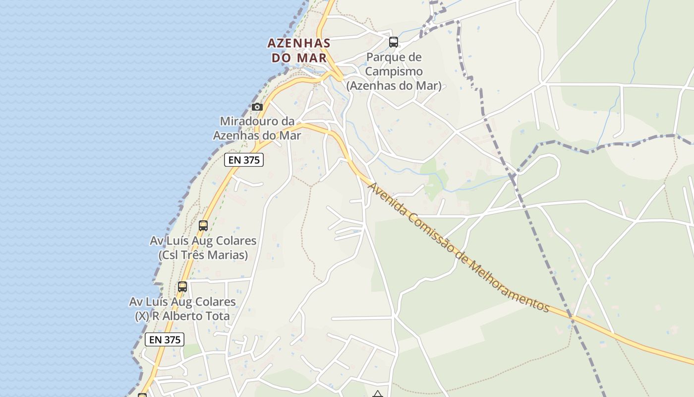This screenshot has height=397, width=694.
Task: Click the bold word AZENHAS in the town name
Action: pyautogui.click(x=299, y=43)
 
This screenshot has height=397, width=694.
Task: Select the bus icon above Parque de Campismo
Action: pyautogui.click(x=394, y=42)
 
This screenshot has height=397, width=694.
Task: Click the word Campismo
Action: pyautogui.click(x=394, y=71)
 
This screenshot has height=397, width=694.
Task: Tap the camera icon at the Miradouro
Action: pyautogui.click(x=257, y=107)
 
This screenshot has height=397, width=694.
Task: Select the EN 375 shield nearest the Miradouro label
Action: pyautogui.click(x=244, y=160)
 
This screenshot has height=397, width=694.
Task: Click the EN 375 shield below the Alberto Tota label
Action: pyautogui.click(x=165, y=339)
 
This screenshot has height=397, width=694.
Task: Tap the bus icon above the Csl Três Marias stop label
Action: pyautogui.click(x=203, y=226)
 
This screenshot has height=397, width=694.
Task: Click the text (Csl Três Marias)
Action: pyautogui.click(x=203, y=255)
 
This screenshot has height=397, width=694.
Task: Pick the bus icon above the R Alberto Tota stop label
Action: pyautogui.click(x=182, y=287)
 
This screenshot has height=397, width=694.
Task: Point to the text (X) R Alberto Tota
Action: pyautogui.click(x=182, y=316)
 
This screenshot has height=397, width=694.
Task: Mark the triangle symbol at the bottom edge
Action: pyautogui.click(x=378, y=395)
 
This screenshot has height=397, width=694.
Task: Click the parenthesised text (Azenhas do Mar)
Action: pyautogui.click(x=394, y=86)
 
